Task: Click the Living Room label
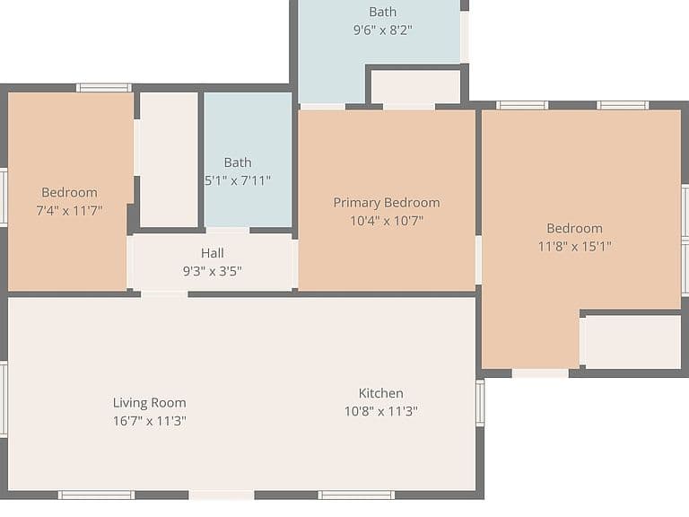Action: click(x=150, y=403)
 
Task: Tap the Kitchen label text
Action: click(x=381, y=393)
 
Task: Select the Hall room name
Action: click(x=213, y=253)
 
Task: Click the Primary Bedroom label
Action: click(x=387, y=203)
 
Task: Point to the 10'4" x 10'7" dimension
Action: click(x=387, y=220)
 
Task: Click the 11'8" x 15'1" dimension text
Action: click(x=575, y=246)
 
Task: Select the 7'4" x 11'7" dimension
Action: click(x=69, y=211)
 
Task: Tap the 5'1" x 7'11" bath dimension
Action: click(x=238, y=180)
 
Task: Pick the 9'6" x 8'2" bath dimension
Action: click(x=383, y=30)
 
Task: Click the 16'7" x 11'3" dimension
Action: click(x=150, y=421)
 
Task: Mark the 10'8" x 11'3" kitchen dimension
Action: click(x=381, y=411)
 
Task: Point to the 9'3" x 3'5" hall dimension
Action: click(x=213, y=271)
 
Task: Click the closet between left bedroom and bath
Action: click(x=169, y=160)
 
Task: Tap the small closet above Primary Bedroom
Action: click(x=415, y=87)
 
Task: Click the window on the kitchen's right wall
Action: click(x=480, y=403)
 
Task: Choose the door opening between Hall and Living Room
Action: click(x=164, y=294)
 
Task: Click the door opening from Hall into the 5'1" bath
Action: click(x=228, y=231)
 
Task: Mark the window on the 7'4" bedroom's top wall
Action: click(x=104, y=88)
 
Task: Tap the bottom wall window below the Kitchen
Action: click(x=356, y=495)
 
